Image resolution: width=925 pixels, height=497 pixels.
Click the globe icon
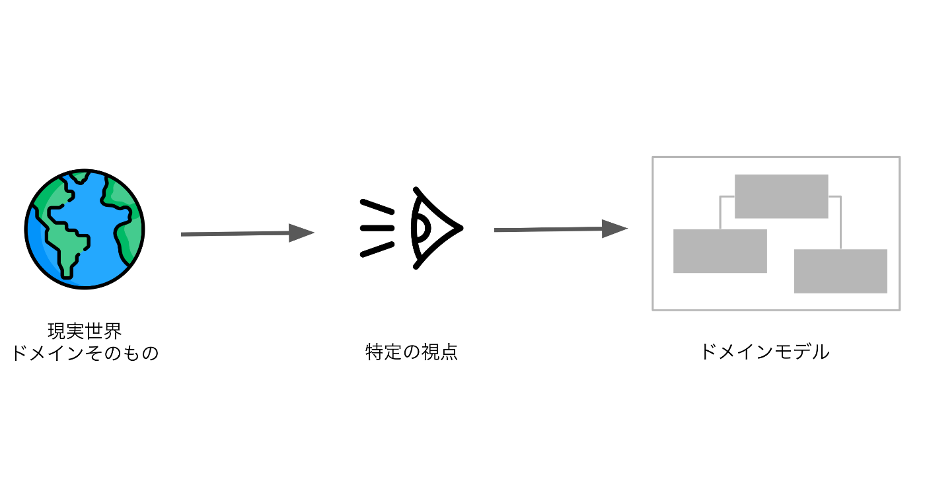tap(85, 229)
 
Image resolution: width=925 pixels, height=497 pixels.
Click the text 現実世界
tap(85, 330)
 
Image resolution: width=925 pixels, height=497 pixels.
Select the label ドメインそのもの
tap(85, 353)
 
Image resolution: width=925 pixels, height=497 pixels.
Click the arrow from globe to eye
tap(238, 233)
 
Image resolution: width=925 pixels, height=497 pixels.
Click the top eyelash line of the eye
tap(377, 206)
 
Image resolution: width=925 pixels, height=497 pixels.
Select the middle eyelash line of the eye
tap(377, 228)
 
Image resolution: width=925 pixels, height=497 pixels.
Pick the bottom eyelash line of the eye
tap(377, 249)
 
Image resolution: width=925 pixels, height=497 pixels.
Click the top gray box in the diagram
tap(781, 196)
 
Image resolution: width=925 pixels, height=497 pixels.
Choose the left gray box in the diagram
tap(720, 251)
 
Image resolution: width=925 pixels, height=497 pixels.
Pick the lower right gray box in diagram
tap(840, 271)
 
